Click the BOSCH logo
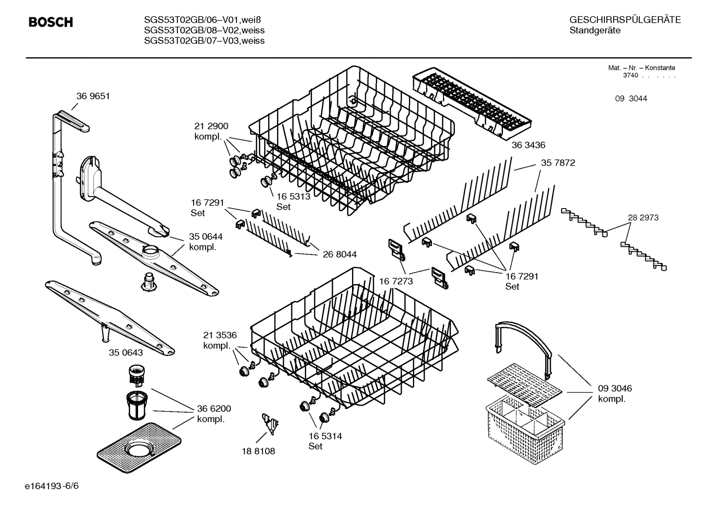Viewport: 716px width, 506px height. (x=51, y=22)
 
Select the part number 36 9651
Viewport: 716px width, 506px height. (x=93, y=96)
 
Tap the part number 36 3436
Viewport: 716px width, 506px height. (x=528, y=145)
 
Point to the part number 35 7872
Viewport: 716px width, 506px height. (x=558, y=163)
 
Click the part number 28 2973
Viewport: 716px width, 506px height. (x=643, y=217)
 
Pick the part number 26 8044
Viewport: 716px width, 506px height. (x=340, y=255)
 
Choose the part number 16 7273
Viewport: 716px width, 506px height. (x=396, y=282)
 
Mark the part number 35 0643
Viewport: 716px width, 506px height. (x=126, y=353)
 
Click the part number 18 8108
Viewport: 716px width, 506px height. (x=258, y=451)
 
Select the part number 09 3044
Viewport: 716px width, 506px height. (x=631, y=99)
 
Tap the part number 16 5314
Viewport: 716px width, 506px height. (x=325, y=436)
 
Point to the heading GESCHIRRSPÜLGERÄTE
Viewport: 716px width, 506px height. (x=625, y=20)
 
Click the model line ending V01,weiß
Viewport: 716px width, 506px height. (x=202, y=20)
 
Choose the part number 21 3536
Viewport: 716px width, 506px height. (x=219, y=335)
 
